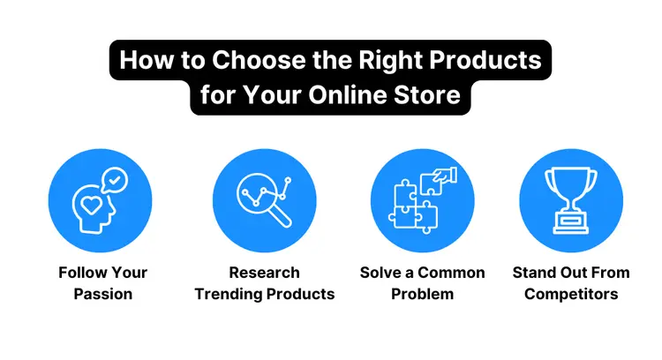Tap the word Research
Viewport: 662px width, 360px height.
click(264, 273)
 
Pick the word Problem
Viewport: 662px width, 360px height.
click(422, 294)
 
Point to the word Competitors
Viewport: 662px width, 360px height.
click(571, 294)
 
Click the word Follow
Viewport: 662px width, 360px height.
click(84, 273)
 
